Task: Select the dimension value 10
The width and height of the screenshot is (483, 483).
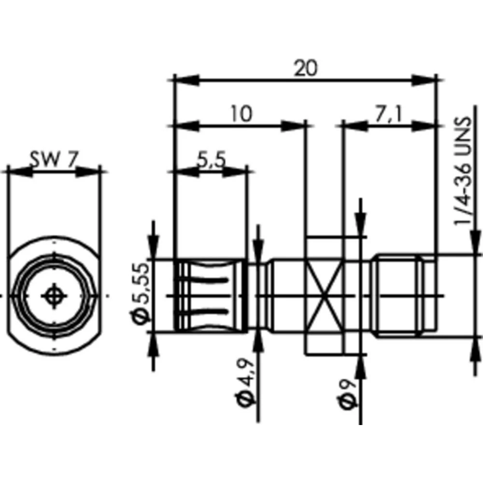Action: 241,114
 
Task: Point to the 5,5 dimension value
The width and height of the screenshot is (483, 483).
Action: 211,159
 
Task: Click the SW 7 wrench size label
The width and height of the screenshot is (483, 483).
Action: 53,159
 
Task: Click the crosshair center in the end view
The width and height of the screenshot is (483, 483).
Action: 53,296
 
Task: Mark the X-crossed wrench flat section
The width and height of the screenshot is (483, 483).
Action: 324,296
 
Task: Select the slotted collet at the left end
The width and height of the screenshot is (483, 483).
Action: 211,296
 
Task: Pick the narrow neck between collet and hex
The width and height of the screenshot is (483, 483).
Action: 258,296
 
